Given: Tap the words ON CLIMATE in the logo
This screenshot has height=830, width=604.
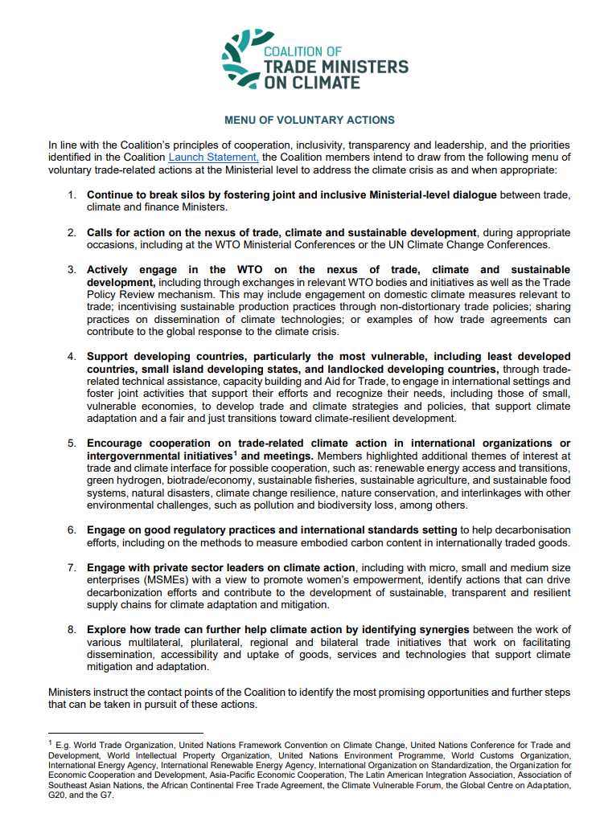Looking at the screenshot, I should (x=312, y=82).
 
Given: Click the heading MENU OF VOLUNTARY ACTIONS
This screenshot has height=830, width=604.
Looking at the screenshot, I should (x=310, y=121).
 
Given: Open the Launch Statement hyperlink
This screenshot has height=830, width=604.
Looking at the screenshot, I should (x=213, y=157).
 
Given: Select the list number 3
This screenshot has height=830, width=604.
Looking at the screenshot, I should (x=72, y=270).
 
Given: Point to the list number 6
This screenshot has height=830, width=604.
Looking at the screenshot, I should (x=72, y=530).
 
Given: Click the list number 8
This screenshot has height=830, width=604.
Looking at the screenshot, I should (x=72, y=629).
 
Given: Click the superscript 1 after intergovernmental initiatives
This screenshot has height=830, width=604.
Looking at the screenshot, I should (x=235, y=454).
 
